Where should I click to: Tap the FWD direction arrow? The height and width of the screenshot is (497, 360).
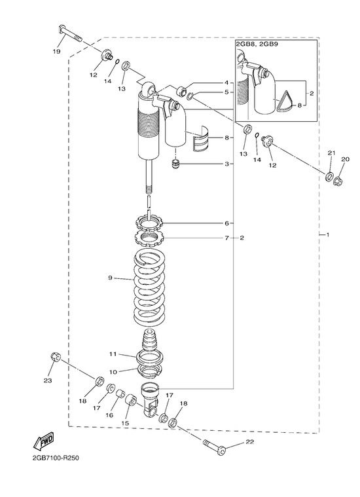click(x=44, y=441)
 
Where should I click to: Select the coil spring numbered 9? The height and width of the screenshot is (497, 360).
click(x=149, y=287)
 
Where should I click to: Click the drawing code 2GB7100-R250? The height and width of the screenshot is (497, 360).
click(x=56, y=458)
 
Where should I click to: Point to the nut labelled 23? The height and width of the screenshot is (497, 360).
click(x=56, y=358)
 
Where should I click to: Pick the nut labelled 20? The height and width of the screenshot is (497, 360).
click(x=338, y=181)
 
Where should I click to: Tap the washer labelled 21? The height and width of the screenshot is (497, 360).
click(x=329, y=176)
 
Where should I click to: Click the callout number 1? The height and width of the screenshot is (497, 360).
click(x=328, y=235)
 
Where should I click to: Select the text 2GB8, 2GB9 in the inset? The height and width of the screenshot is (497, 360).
click(x=257, y=44)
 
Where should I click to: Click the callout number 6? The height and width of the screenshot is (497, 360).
click(x=226, y=223)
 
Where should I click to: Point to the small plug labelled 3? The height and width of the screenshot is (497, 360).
click(x=175, y=164)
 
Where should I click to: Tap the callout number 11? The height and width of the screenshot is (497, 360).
click(x=113, y=354)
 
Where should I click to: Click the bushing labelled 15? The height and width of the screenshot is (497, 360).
click(x=131, y=400)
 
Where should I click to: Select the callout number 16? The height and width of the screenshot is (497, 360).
click(x=109, y=415)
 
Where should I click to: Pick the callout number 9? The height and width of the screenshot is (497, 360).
click(x=110, y=278)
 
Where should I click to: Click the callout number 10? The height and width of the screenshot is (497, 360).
click(x=113, y=372)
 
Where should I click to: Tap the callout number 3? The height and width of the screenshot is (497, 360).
click(x=226, y=164)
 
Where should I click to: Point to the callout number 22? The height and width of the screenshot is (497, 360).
click(x=250, y=442)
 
